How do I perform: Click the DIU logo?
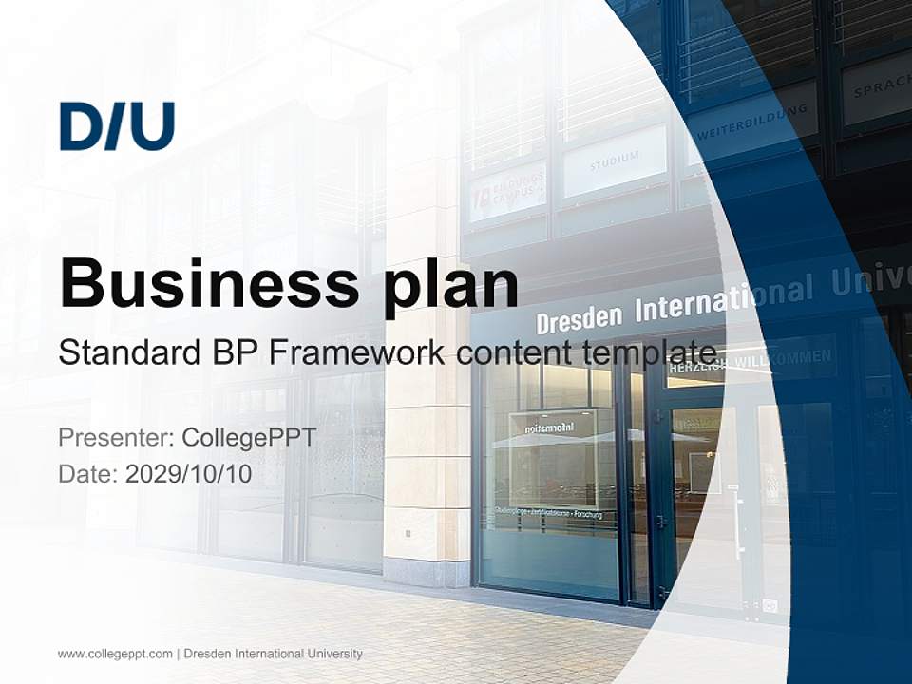pos(117,127)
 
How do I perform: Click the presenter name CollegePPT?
pos(248,438)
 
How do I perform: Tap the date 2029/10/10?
pos(188,473)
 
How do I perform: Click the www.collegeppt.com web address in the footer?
pos(115,654)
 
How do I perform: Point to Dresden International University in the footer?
pos(273,654)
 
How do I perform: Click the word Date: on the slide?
pos(88,473)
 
